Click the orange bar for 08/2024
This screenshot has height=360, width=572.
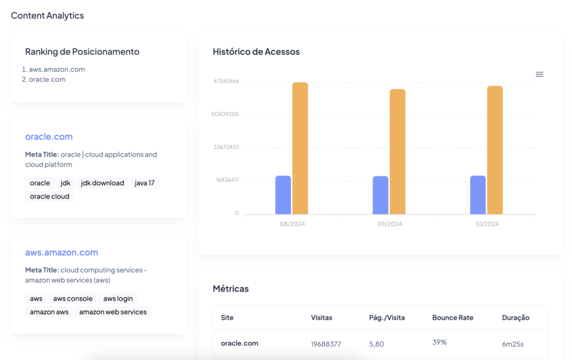pyautogui.click(x=300, y=148)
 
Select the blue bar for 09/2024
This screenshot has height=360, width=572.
pyautogui.click(x=380, y=195)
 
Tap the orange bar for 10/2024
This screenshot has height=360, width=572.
pyautogui.click(x=495, y=150)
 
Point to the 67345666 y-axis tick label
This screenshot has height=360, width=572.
pyautogui.click(x=226, y=81)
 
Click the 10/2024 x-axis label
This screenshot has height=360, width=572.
pyautogui.click(x=487, y=224)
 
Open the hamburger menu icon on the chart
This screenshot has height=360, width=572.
pyautogui.click(x=539, y=74)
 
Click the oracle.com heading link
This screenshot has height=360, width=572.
pyautogui.click(x=49, y=137)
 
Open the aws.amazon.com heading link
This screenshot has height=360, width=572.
pyautogui.click(x=61, y=252)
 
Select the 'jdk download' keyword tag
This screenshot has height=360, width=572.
pyautogui.click(x=102, y=183)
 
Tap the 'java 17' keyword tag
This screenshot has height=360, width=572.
pyautogui.click(x=145, y=183)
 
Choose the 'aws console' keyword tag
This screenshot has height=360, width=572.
pyautogui.click(x=73, y=299)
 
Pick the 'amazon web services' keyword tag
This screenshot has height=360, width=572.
pyautogui.click(x=113, y=312)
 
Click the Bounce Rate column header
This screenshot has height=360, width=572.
pyautogui.click(x=452, y=318)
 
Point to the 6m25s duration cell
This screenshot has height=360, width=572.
pyautogui.click(x=513, y=344)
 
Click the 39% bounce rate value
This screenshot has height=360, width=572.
pyautogui.click(x=440, y=342)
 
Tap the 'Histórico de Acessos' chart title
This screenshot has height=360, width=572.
pyautogui.click(x=256, y=52)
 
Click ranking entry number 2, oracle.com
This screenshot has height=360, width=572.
pyautogui.click(x=47, y=79)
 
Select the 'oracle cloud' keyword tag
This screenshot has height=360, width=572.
pyautogui.click(x=50, y=196)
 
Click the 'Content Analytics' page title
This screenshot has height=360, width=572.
pyautogui.click(x=47, y=16)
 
